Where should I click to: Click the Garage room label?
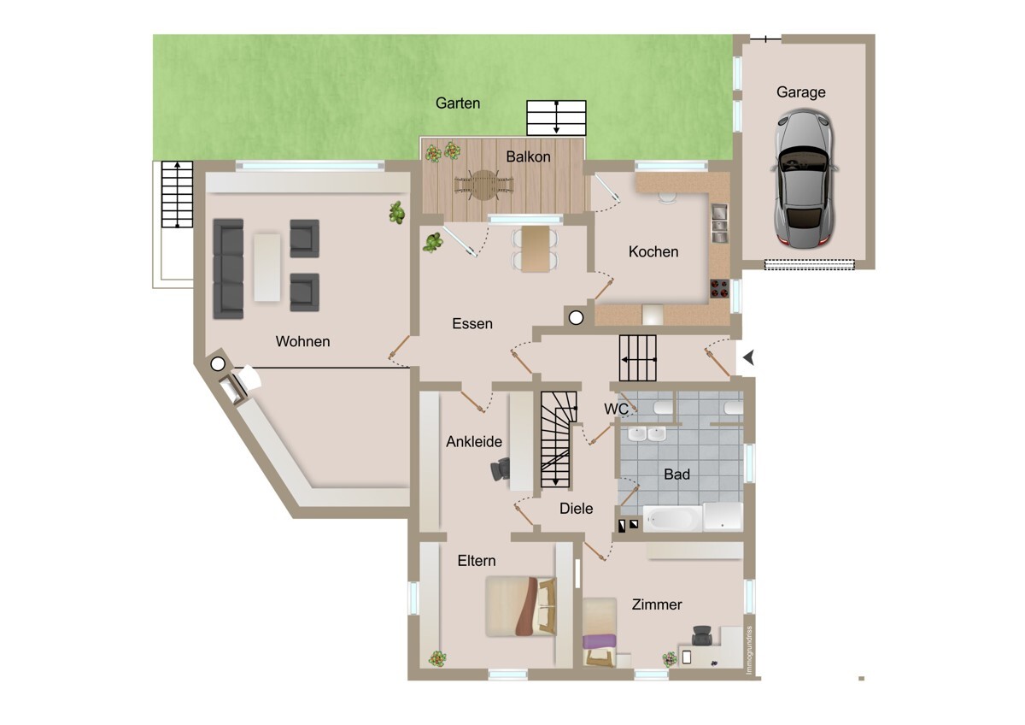tap(801, 92)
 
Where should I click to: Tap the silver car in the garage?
tap(804, 179)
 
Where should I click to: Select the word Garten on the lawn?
tap(458, 103)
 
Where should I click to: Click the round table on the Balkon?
tap(484, 185)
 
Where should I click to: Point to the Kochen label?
tap(653, 251)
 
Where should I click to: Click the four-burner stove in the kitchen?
tap(719, 288)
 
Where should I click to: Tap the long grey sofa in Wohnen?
tap(228, 268)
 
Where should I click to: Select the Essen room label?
tap(472, 323)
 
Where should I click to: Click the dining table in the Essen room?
tap(536, 249)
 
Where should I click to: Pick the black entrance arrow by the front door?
tap(748, 357)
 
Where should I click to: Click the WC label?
tap(616, 409)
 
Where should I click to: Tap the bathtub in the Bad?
tap(672, 518)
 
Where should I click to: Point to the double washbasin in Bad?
tap(647, 434)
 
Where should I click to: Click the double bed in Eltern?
tap(521, 606)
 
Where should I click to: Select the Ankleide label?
tap(473, 441)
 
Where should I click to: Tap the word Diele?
tap(576, 509)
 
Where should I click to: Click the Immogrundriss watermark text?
tap(749, 650)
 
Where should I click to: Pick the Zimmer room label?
tap(657, 604)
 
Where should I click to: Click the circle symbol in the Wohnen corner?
tap(218, 364)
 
